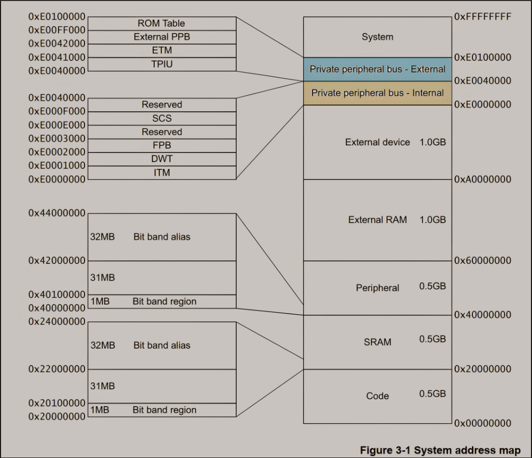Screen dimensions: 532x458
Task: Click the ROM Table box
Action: pos(162,24)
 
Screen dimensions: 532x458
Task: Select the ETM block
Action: pos(162,51)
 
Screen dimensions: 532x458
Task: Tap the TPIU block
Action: pos(162,65)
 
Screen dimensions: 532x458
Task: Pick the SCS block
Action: pos(162,118)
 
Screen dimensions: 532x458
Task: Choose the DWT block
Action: pos(162,159)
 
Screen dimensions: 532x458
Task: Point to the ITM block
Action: pos(162,173)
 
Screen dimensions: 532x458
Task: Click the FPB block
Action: pos(162,146)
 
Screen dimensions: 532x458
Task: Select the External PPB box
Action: pos(162,37)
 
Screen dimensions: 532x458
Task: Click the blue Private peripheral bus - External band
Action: pos(377,70)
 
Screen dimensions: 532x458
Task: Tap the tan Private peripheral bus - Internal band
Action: pos(377,93)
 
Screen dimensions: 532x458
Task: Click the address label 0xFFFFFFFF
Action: pos(483,17)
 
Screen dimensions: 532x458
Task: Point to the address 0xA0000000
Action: pos(483,179)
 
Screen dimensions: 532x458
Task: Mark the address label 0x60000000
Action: pos(483,260)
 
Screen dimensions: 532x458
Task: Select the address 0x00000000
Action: pos(483,423)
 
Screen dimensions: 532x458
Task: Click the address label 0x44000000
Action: pos(57,213)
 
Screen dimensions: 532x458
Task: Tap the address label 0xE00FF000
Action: pos(57,30)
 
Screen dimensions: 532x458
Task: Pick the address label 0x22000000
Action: pos(57,369)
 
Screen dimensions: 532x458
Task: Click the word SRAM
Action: pos(377,342)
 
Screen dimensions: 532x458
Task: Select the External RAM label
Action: pos(377,220)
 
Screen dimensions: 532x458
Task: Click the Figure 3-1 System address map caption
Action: pos(440,450)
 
